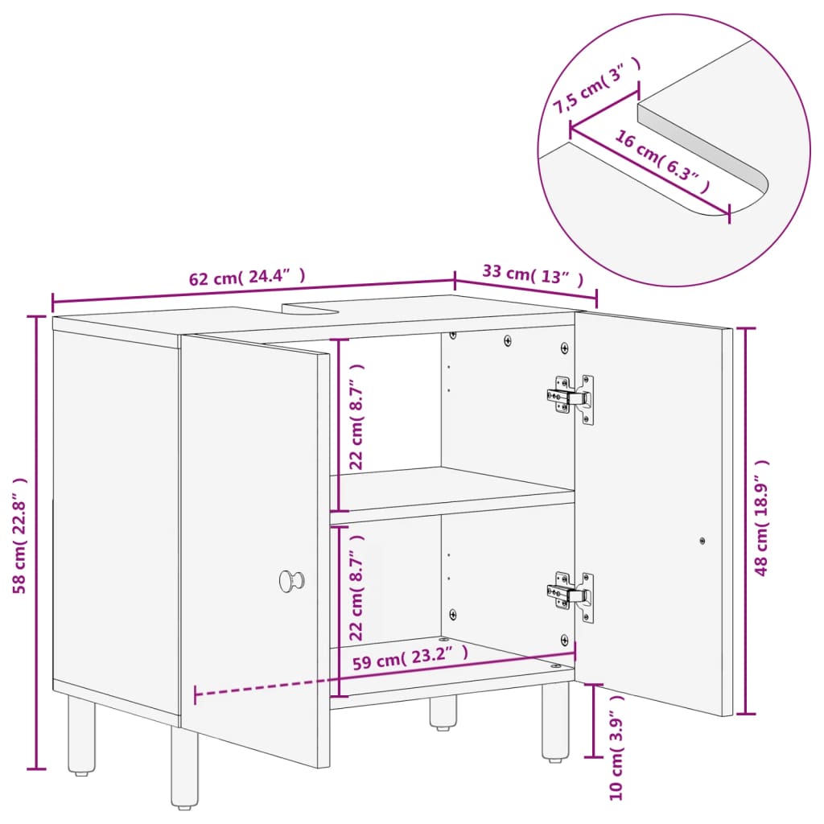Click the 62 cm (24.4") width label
(x=247, y=278)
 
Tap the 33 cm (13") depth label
(x=532, y=274)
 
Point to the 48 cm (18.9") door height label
(x=762, y=517)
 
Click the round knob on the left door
(x=290, y=579)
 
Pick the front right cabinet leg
(x=554, y=721)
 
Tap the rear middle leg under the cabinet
(x=442, y=712)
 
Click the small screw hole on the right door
(x=702, y=542)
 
